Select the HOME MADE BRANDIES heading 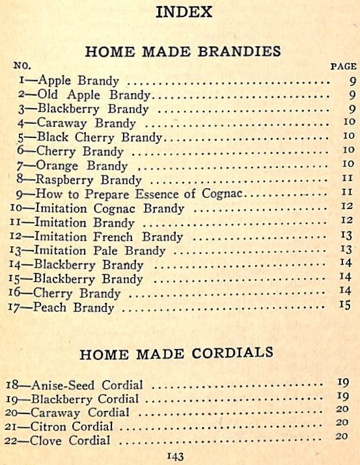183,51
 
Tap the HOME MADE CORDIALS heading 176,354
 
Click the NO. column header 23,66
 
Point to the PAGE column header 344,66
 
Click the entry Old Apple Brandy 94,95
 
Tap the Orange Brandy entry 82,165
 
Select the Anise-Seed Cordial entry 87,386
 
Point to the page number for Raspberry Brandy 347,180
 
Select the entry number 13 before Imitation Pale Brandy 16,251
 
